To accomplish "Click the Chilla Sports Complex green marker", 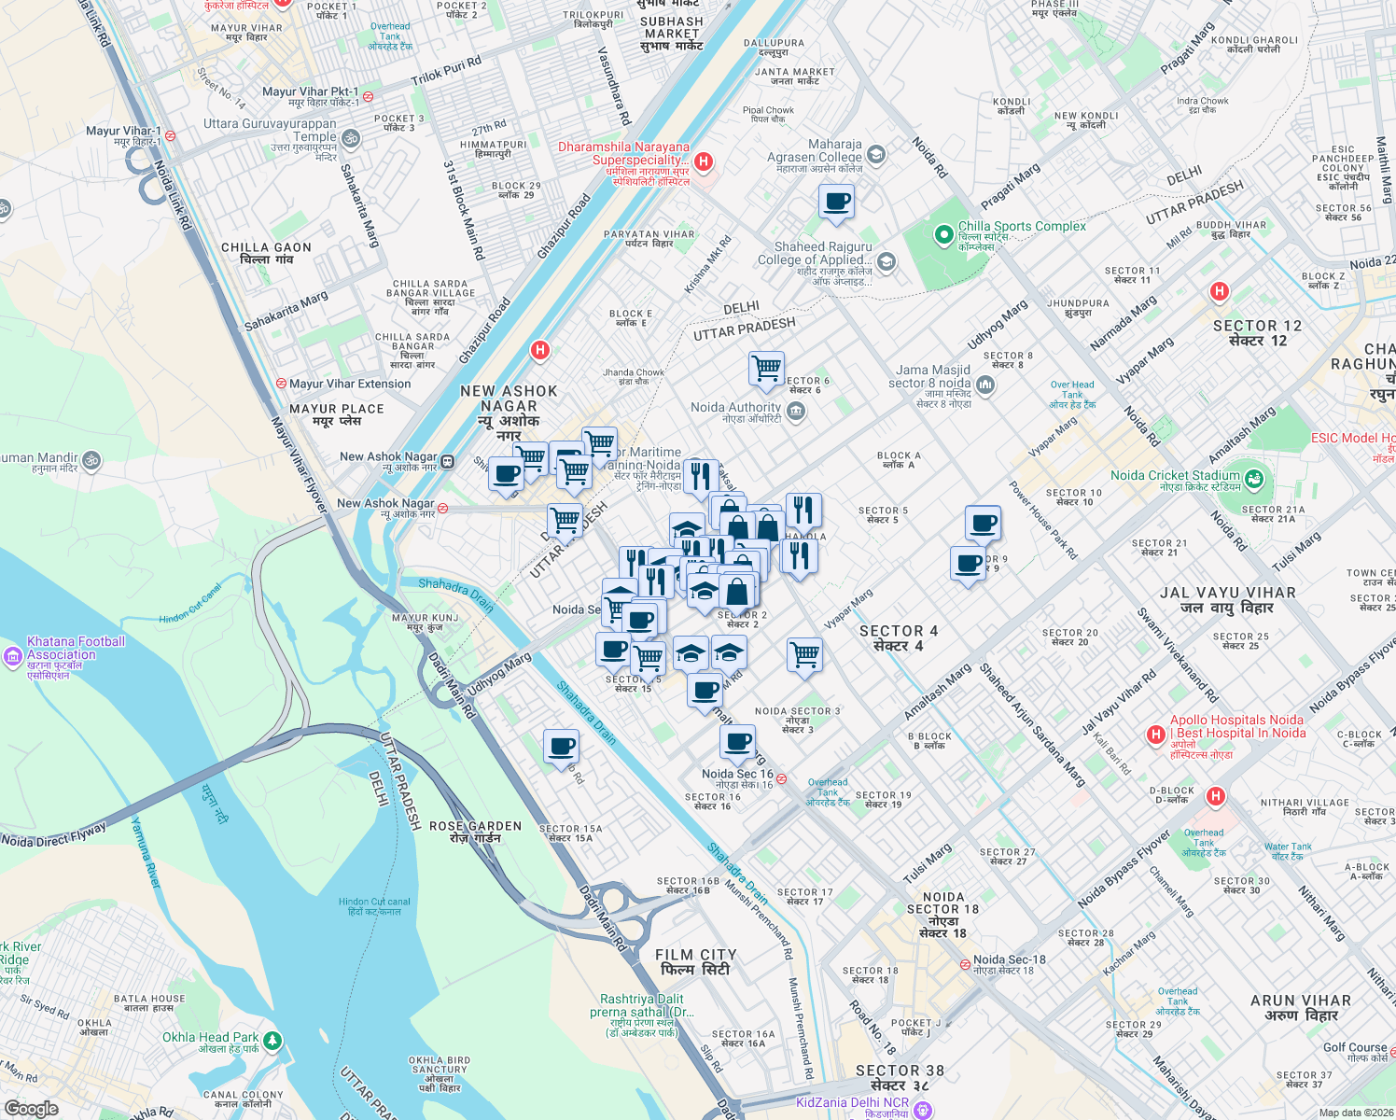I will click(x=943, y=234).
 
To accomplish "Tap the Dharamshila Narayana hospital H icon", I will click(x=704, y=162).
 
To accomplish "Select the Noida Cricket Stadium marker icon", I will click(x=1254, y=480).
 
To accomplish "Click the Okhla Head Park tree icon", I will click(x=272, y=1040).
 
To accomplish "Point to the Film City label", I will click(x=696, y=962).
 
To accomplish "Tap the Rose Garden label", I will click(x=476, y=832).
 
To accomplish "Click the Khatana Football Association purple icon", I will click(x=13, y=657).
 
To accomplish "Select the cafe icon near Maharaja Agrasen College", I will click(x=836, y=202).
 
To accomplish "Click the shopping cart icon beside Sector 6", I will click(x=766, y=369).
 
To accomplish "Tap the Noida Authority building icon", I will click(x=795, y=413).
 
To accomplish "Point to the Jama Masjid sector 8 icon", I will click(x=985, y=384).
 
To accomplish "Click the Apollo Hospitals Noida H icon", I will click(x=1155, y=735).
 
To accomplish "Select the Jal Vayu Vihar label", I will click(x=1227, y=599).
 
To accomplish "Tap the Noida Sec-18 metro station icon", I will click(x=965, y=964).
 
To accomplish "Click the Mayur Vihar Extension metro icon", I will click(x=281, y=384).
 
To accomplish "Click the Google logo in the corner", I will click(x=32, y=1108).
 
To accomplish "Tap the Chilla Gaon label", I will click(x=266, y=253).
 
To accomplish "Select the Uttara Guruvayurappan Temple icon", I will click(x=351, y=139).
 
